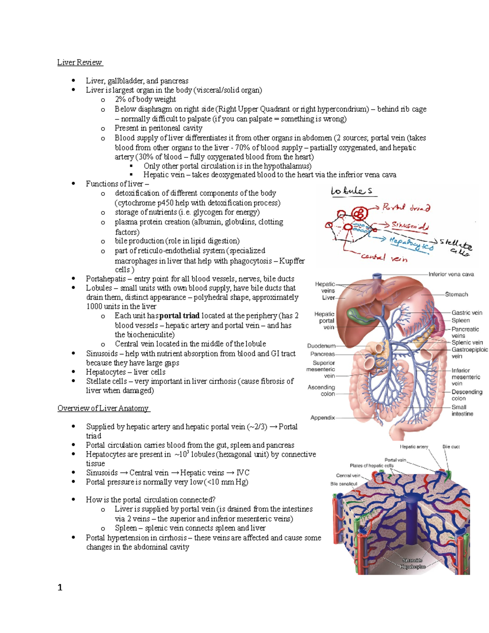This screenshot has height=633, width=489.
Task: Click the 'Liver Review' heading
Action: click(79, 62)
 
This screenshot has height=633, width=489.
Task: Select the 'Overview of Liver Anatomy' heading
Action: click(104, 408)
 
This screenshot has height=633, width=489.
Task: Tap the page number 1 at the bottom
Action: click(60, 587)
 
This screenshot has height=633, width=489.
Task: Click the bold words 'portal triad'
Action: click(179, 316)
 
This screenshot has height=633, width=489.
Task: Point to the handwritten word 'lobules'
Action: click(351, 191)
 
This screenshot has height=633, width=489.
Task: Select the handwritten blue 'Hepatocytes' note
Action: click(411, 243)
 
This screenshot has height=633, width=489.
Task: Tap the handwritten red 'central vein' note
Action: click(384, 258)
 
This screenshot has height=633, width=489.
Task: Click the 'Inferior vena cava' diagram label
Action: click(451, 274)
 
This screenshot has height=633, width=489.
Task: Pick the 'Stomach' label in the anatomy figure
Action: click(456, 294)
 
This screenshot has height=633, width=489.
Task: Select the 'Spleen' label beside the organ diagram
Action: click(460, 320)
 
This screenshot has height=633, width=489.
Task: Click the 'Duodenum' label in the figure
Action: click(321, 346)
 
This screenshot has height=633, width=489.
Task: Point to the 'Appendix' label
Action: click(322, 418)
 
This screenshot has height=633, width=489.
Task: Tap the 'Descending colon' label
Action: click(467, 395)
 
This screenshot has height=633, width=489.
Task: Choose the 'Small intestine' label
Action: click(462, 410)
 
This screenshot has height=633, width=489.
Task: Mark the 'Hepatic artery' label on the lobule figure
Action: click(414, 447)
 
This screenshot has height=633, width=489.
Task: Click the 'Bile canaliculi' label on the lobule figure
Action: click(344, 484)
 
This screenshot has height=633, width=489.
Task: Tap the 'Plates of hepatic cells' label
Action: click(371, 465)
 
